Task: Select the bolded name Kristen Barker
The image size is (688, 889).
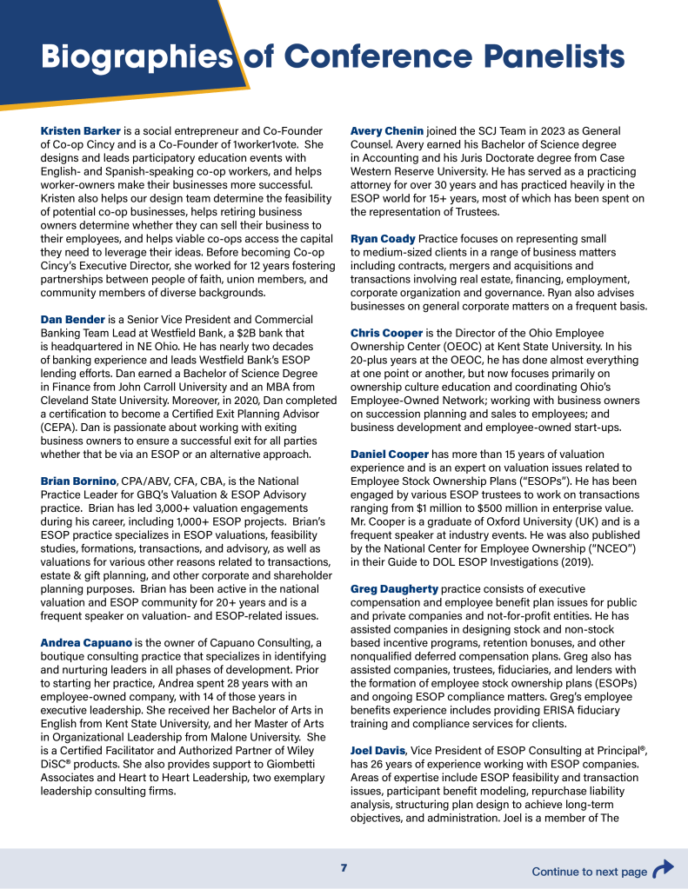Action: [81, 130]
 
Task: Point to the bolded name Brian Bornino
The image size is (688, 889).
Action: [78, 481]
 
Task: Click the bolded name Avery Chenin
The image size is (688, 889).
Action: [386, 130]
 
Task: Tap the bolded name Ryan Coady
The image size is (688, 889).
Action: [383, 238]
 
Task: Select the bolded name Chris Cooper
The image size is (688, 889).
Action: [386, 333]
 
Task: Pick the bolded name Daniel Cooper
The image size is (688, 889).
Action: [390, 454]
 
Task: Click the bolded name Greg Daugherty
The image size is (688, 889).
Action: [394, 588]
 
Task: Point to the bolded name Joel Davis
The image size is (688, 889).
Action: [377, 750]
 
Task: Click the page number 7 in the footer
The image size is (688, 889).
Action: [344, 868]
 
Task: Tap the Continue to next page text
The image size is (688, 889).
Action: [589, 872]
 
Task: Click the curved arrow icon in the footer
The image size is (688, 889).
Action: [663, 869]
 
